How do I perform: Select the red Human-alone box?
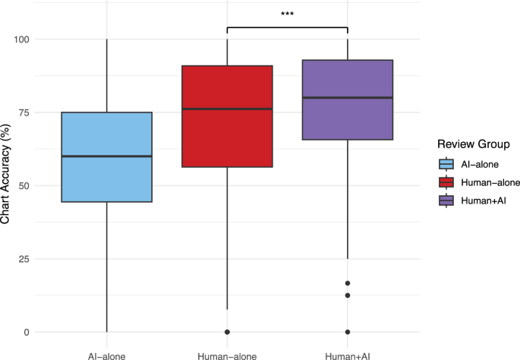[x=227, y=137]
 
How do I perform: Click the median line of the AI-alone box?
[x=106, y=156]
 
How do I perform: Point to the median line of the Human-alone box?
[x=227, y=109]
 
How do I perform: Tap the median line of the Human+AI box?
[x=348, y=98]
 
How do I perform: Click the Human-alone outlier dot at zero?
[x=227, y=332]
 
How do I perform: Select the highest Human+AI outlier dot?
[x=348, y=283]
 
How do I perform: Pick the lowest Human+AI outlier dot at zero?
[x=348, y=332]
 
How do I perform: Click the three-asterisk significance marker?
[x=287, y=14]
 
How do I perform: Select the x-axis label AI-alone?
[x=106, y=353]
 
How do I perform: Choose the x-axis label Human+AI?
[x=348, y=353]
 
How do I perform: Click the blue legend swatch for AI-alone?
[x=446, y=164]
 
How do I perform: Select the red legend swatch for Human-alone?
[x=446, y=182]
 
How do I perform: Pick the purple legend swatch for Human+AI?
[x=446, y=200]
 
